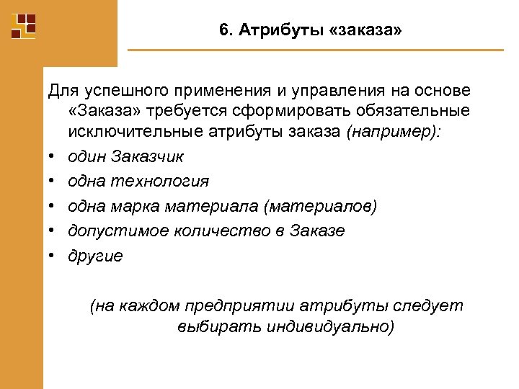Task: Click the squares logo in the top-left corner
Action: [x=23, y=25]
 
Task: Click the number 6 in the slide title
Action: [x=223, y=32]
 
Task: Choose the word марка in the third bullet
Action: [x=137, y=207]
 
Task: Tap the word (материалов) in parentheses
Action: [x=320, y=207]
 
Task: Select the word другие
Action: [x=95, y=256]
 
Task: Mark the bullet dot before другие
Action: [x=53, y=256]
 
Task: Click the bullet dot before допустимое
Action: [x=53, y=231]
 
